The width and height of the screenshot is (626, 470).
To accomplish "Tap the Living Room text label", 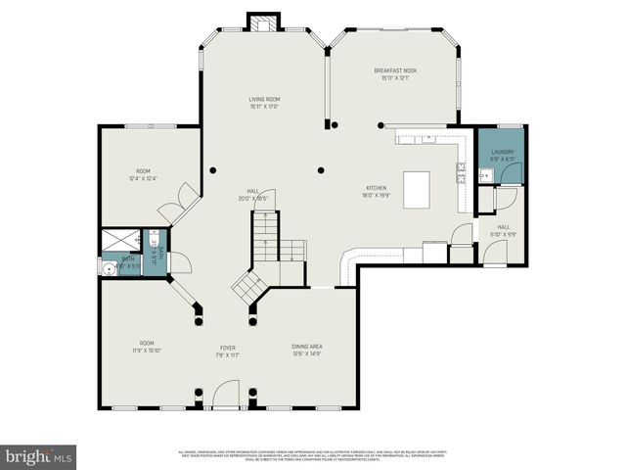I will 264,100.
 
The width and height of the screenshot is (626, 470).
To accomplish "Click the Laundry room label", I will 503,152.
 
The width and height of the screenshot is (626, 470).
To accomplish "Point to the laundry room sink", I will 483,176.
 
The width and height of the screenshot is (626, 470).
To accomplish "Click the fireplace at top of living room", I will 262,22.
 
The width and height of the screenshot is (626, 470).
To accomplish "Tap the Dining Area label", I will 307,347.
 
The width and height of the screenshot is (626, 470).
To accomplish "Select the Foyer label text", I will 228,348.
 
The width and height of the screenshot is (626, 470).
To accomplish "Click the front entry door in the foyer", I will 226,401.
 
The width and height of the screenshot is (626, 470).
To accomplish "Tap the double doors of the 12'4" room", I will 172,207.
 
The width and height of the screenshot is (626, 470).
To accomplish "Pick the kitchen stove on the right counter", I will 460,173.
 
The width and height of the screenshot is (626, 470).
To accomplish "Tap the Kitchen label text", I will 377,188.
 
